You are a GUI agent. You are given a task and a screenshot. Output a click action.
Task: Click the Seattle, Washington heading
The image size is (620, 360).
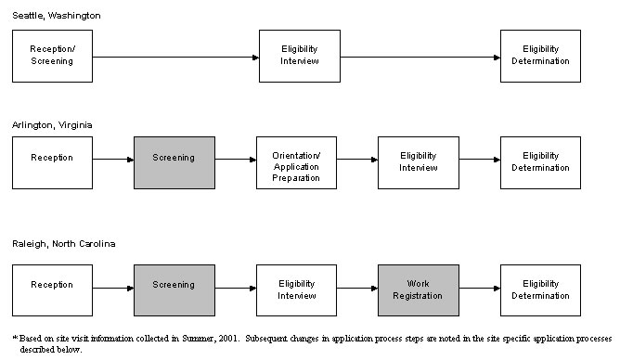pos(57,16)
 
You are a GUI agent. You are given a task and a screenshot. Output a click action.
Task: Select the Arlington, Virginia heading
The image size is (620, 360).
pos(52,123)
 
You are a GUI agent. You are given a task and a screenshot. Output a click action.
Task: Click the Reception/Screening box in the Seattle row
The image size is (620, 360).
pos(52,55)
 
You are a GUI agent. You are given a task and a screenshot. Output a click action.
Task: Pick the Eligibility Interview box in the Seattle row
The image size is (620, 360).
pos(299,55)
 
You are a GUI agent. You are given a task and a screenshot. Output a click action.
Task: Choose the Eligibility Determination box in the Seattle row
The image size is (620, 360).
pos(540,55)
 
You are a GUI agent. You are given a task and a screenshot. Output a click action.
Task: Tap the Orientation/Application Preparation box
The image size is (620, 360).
pos(296,162)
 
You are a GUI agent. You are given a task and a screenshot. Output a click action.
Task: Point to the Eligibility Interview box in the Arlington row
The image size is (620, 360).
pos(418,162)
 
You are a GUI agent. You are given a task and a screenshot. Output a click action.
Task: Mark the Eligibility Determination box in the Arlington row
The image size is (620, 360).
pos(540,162)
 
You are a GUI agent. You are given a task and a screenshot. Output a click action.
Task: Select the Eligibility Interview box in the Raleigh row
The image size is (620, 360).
pos(296,289)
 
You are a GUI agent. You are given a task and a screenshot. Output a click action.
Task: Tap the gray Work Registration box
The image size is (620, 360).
pos(418,289)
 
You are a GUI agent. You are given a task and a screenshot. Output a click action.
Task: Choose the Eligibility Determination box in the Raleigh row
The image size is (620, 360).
pos(540,289)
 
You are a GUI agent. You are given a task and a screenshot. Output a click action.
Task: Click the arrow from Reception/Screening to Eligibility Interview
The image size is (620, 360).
pos(175,58)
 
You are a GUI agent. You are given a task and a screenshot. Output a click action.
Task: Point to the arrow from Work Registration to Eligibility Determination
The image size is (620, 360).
pos(479,289)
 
